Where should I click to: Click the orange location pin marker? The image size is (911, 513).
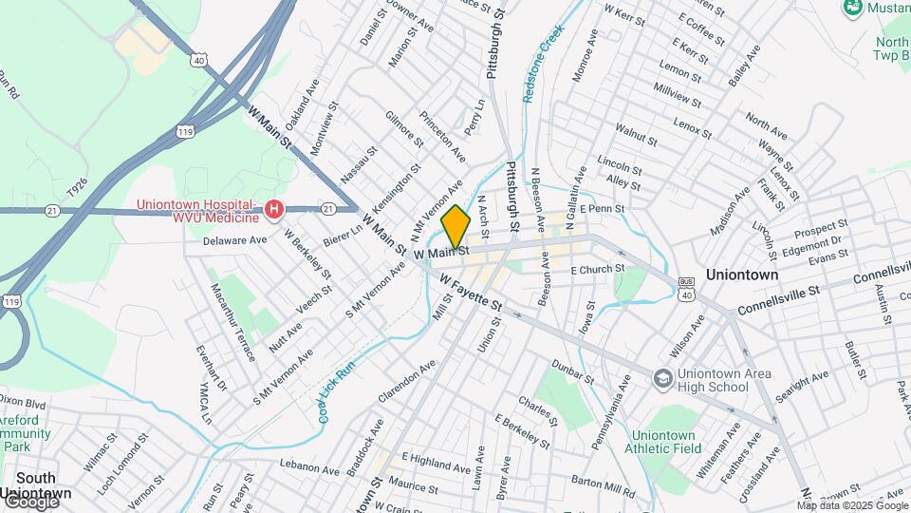pyautogui.click(x=456, y=227)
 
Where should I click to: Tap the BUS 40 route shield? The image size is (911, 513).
pyautogui.click(x=687, y=289)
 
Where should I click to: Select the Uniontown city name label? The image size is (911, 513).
pyautogui.click(x=743, y=275)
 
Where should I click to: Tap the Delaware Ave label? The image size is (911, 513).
pyautogui.click(x=235, y=240)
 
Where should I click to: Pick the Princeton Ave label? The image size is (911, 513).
pyautogui.click(x=445, y=139)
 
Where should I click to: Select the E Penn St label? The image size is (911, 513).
pyautogui.click(x=602, y=208)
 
